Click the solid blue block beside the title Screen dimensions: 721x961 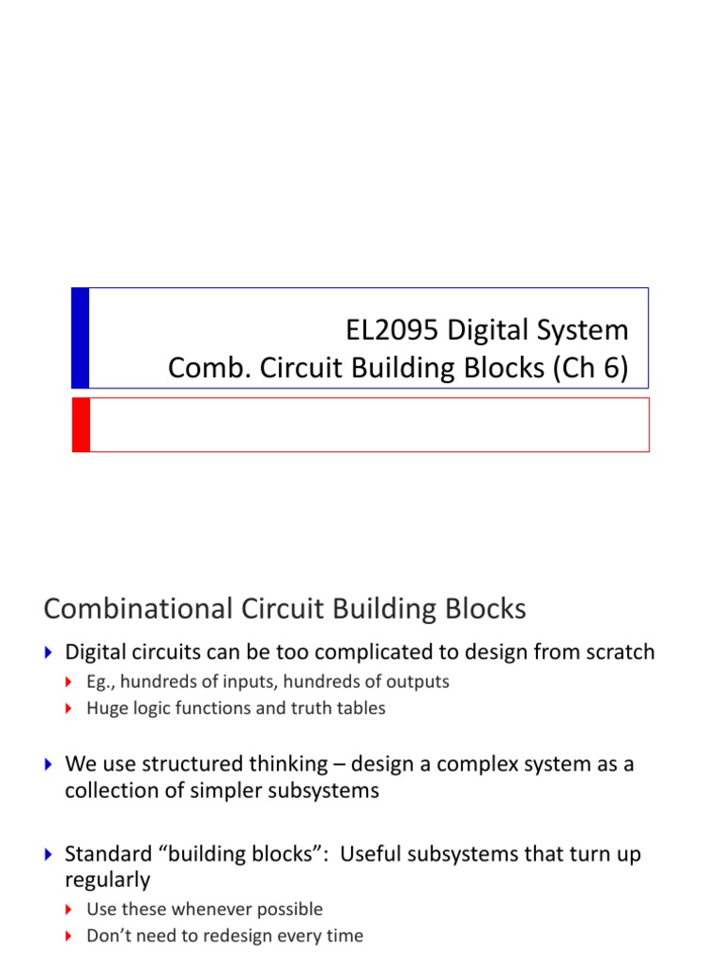(81, 338)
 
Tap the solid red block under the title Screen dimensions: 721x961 (81, 424)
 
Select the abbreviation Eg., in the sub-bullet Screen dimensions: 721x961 (100, 682)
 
